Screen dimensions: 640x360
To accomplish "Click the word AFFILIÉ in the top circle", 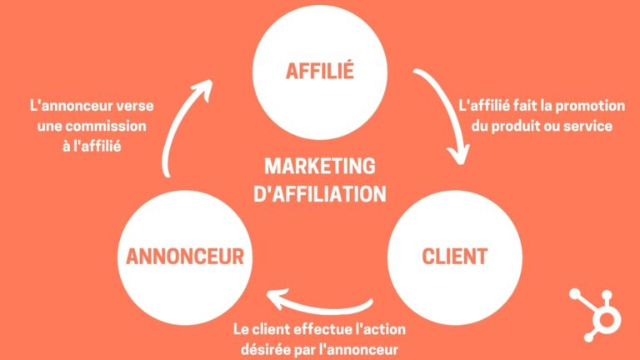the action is point(320,70).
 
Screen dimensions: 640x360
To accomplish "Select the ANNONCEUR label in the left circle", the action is point(185,257).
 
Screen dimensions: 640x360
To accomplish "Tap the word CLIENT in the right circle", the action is point(454,257).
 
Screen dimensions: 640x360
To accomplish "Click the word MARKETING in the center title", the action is point(320,166).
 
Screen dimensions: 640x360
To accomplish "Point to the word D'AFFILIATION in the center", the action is point(320,193).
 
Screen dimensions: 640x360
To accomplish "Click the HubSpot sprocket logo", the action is point(596,315).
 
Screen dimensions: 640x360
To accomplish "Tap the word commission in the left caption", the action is point(106,126).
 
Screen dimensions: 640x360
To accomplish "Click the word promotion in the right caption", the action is point(590,106).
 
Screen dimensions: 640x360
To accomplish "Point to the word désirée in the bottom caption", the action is point(263,349).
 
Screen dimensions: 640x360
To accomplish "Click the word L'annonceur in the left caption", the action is point(71,106).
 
